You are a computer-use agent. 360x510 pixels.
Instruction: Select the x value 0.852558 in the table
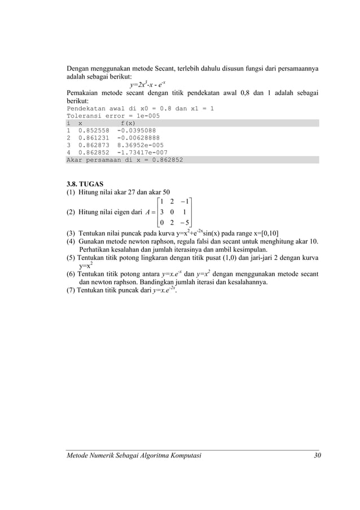coord(94,130)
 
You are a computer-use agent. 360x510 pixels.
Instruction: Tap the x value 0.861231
coord(94,138)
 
